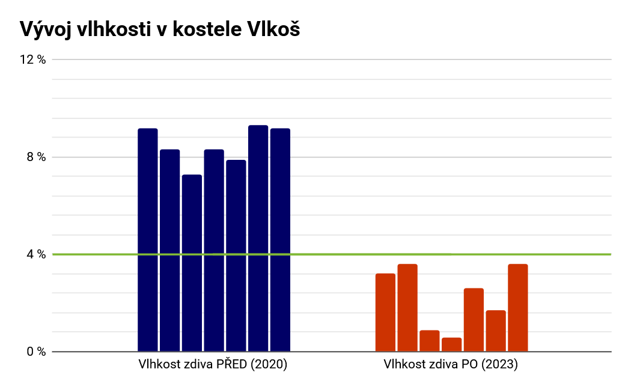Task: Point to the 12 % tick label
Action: [33, 59]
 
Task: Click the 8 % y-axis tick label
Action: [36, 157]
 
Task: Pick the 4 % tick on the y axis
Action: [36, 254]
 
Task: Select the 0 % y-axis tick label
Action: [36, 352]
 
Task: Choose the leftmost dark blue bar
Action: [148, 240]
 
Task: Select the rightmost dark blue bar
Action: [280, 240]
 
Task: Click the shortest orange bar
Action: [451, 345]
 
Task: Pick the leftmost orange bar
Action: [385, 312]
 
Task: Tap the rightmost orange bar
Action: [517, 308]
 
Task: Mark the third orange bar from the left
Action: [429, 341]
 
